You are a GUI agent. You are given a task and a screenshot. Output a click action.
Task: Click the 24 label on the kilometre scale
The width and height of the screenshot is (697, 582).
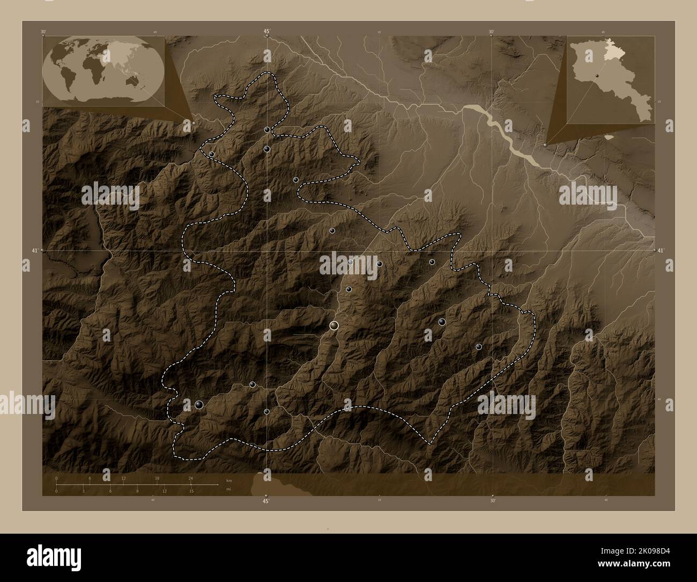point(190,478)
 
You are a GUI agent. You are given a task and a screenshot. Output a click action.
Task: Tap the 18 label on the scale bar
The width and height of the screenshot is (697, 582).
point(157,478)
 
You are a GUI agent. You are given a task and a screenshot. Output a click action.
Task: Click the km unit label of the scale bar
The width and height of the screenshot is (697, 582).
point(229,480)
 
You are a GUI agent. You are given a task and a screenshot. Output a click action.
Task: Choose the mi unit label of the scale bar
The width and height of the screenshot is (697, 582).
point(228,489)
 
